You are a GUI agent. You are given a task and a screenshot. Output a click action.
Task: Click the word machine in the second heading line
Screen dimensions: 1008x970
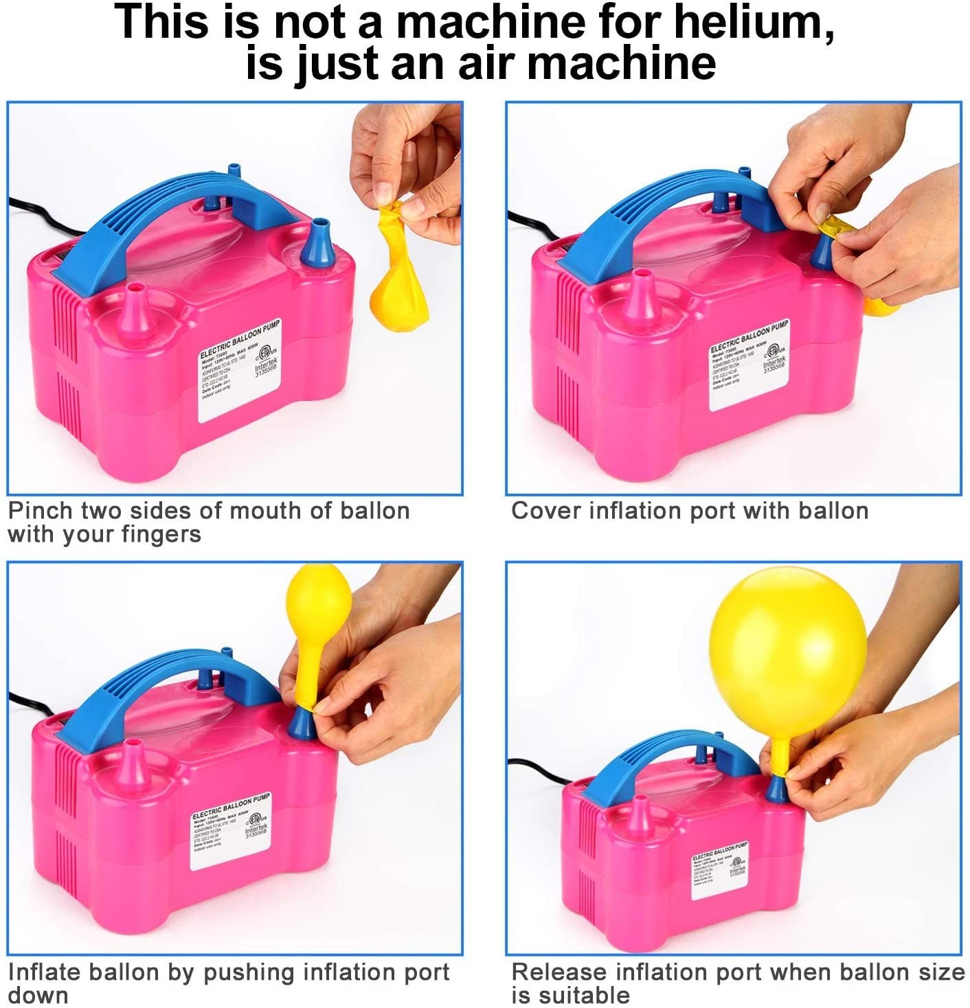coord(621,63)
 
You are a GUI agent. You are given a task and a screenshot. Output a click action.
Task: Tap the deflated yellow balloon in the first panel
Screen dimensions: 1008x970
coord(398,275)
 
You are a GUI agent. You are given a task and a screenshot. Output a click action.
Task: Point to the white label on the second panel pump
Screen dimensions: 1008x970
coord(749,364)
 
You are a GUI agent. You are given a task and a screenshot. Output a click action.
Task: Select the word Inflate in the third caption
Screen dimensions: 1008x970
coord(45,972)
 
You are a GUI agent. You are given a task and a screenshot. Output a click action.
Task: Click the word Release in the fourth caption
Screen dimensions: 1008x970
coord(559,972)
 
